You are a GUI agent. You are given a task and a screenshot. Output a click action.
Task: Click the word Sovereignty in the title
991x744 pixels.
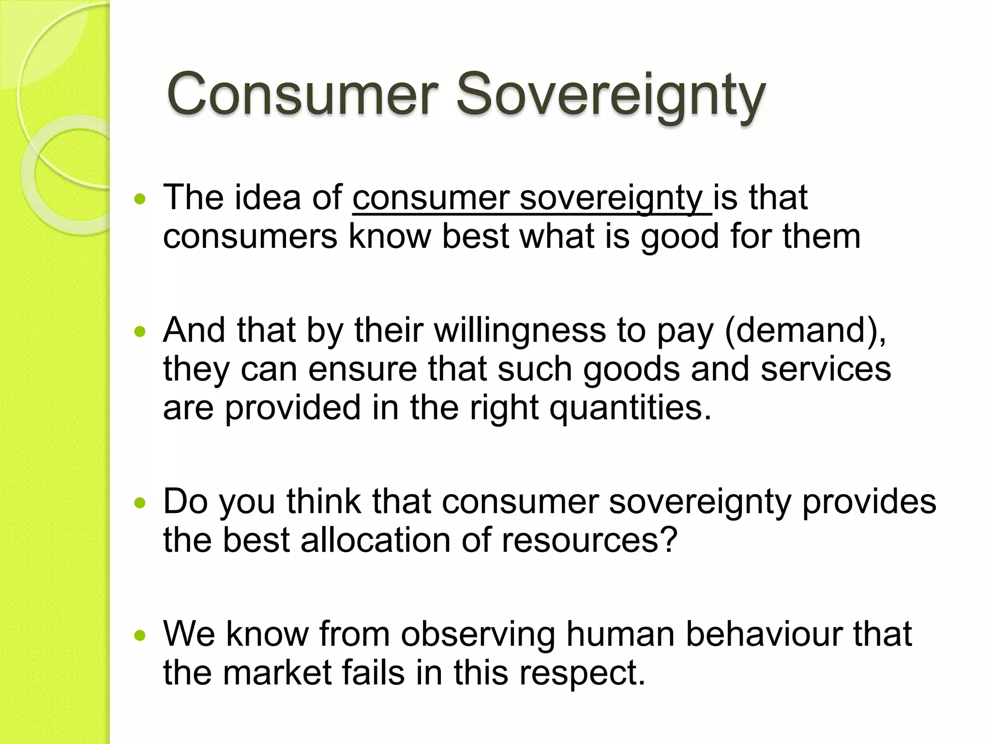tap(611, 95)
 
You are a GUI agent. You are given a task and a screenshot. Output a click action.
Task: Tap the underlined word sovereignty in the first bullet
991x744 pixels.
tap(611, 199)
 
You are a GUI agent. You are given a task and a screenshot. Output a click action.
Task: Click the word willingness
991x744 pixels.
tap(519, 331)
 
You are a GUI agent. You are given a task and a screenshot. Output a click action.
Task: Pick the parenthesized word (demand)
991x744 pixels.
tap(805, 331)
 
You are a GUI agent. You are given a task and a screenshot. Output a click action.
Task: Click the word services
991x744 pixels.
tap(826, 369)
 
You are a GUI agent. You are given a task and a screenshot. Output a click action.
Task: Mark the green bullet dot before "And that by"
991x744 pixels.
tap(140, 332)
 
